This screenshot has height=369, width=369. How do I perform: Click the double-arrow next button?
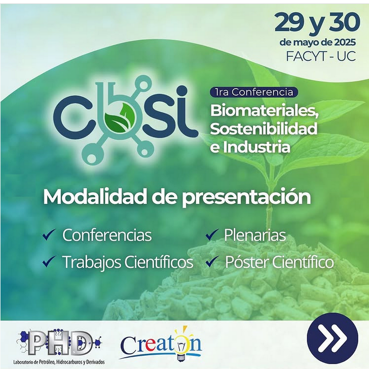[x=332, y=338]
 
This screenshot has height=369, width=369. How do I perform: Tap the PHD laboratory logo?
[x=60, y=347]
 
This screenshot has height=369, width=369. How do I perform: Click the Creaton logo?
[x=161, y=344]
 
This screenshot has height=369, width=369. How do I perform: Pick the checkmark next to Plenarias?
[x=212, y=235]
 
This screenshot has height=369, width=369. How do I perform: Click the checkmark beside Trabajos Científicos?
[x=49, y=261]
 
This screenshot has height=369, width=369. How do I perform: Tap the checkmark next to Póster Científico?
[x=212, y=261]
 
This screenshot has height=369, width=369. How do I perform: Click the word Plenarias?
[x=255, y=235]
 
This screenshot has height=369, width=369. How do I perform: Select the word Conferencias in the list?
[x=107, y=235]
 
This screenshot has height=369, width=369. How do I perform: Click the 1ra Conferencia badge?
[x=254, y=92]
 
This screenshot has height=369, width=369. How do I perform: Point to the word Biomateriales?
[x=264, y=111]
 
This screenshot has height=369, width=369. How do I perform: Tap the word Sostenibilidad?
[x=263, y=128]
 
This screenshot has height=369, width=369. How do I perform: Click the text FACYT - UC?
[x=321, y=56]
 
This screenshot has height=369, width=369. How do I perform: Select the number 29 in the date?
[x=289, y=22]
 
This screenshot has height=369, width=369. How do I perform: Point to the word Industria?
[x=257, y=147]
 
